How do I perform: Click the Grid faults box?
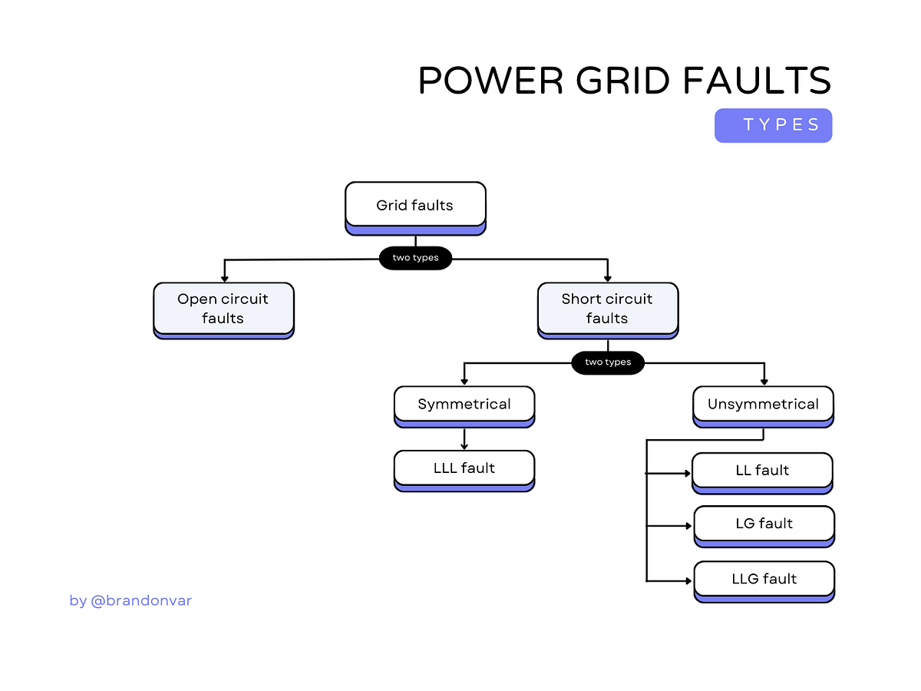[415, 206]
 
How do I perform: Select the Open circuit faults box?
[223, 309]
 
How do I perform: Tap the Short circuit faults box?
[607, 309]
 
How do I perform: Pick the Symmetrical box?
[464, 405]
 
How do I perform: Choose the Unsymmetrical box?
[763, 405]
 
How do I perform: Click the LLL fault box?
[464, 468]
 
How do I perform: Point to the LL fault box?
[762, 471]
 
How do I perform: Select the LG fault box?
[764, 524]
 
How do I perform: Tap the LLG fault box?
[764, 579]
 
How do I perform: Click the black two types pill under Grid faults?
[415, 258]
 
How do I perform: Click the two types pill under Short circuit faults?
[607, 362]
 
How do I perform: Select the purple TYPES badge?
[773, 125]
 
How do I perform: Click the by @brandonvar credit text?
[130, 601]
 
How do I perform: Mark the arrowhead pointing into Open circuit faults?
[224, 277]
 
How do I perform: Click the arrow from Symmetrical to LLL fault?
[464, 439]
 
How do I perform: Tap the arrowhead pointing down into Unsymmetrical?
[764, 381]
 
